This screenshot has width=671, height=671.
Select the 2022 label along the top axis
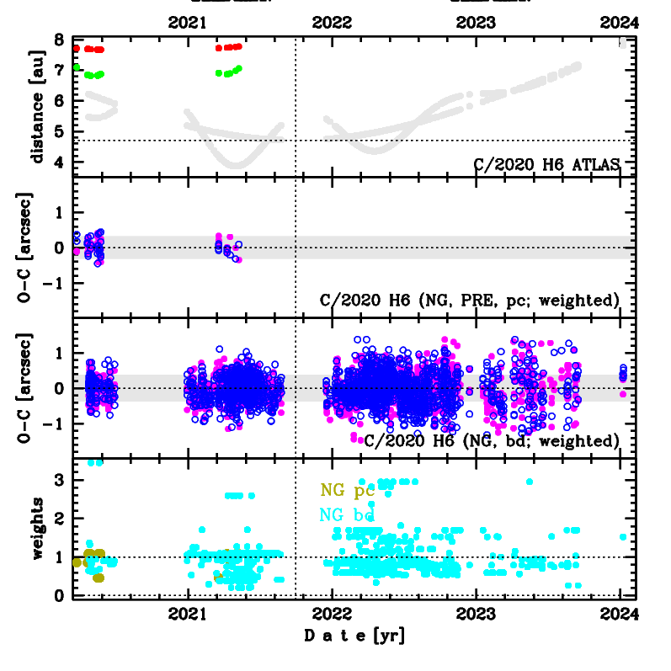[x=333, y=23]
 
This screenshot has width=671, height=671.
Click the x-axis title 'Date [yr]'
[x=354, y=636]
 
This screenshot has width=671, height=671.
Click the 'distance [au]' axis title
[x=37, y=106]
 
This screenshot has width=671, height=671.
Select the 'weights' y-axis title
[x=37, y=528]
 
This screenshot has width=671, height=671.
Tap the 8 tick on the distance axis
[x=58, y=40]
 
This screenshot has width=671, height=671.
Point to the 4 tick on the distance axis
[x=58, y=162]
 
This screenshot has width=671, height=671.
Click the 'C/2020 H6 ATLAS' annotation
[x=546, y=164]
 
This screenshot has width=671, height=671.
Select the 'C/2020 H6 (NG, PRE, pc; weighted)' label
[x=471, y=300]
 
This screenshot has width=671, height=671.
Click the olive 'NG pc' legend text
[x=347, y=490]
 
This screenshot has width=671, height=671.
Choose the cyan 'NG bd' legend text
[x=347, y=514]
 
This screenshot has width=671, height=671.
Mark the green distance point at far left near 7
[x=77, y=67]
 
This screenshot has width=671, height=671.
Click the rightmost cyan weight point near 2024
[x=623, y=536]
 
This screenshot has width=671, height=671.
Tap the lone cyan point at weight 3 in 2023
[x=530, y=482]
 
